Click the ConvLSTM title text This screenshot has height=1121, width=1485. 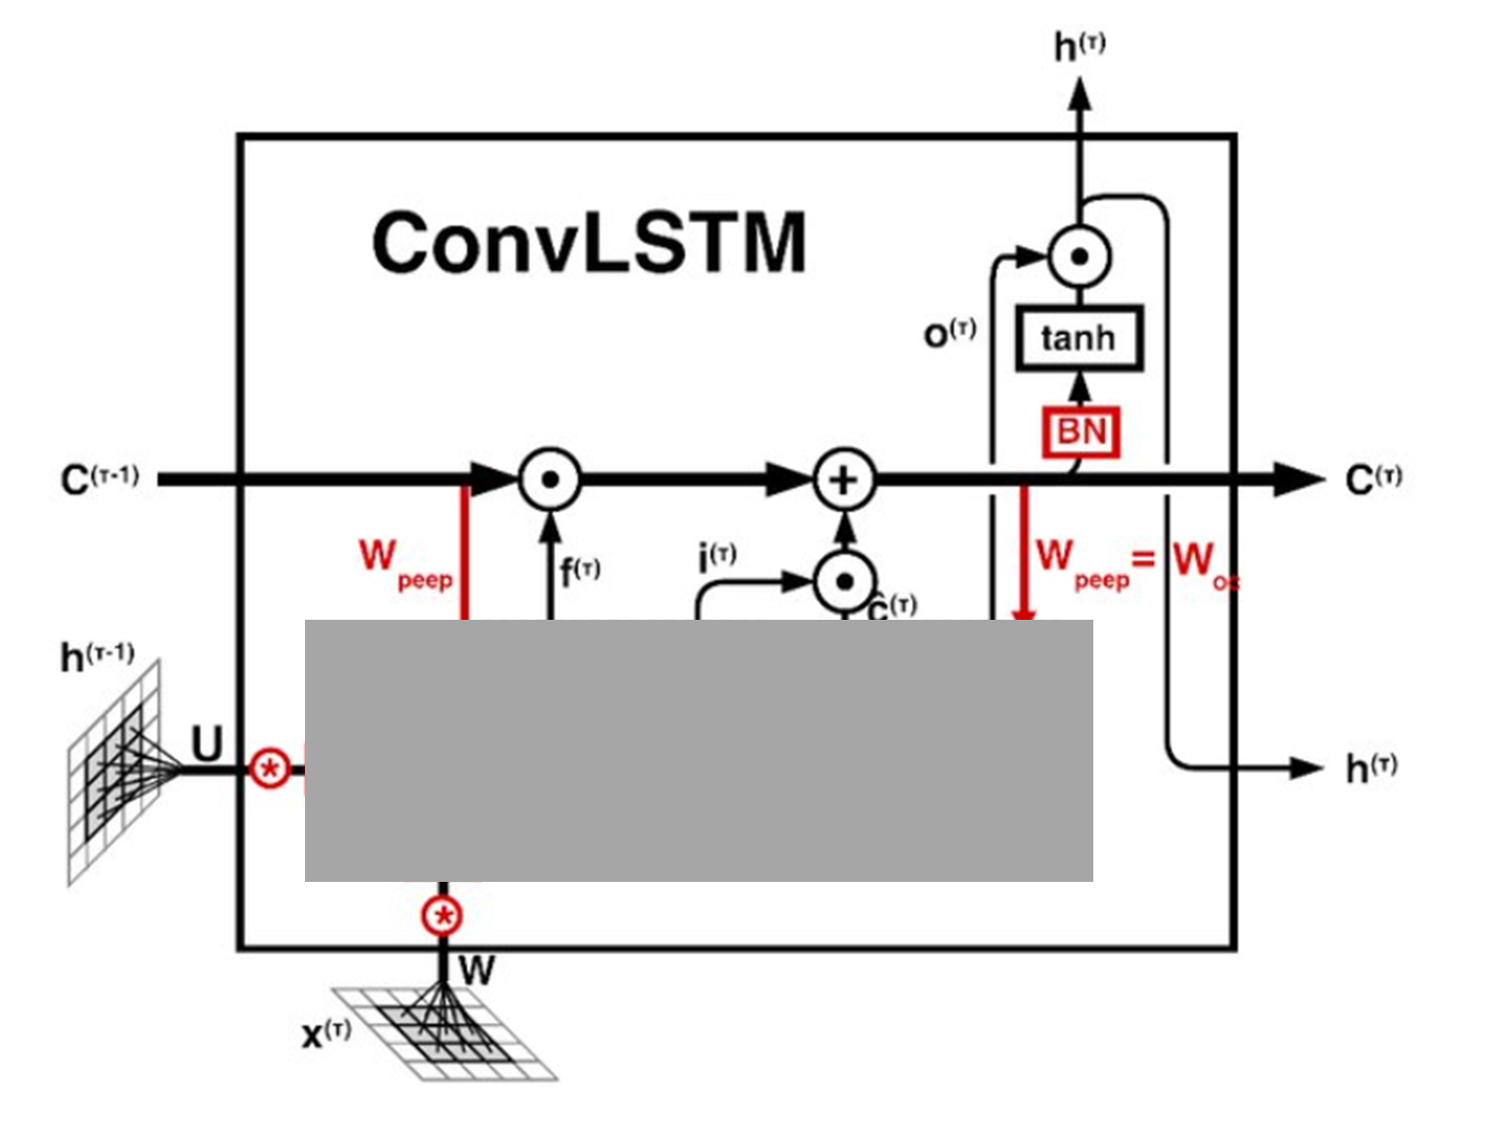(x=588, y=242)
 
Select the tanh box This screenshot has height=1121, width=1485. (x=1078, y=339)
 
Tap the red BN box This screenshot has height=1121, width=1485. (x=1081, y=432)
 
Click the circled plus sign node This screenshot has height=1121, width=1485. (x=844, y=479)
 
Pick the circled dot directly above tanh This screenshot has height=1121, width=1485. (x=1078, y=256)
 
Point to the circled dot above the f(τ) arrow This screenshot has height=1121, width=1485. (x=549, y=479)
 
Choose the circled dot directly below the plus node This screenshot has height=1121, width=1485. (x=844, y=581)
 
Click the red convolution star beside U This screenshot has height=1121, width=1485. (x=269, y=768)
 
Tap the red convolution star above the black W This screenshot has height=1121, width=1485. (x=443, y=916)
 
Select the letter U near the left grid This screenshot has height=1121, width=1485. (x=206, y=743)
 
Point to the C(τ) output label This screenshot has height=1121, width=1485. (x=1373, y=479)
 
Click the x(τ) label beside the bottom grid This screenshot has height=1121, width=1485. (x=326, y=1033)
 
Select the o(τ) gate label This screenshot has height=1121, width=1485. (x=949, y=333)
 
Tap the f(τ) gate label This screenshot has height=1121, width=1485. (x=579, y=572)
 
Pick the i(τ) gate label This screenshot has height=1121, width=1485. (x=717, y=556)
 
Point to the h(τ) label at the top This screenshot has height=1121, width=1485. (x=1079, y=46)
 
